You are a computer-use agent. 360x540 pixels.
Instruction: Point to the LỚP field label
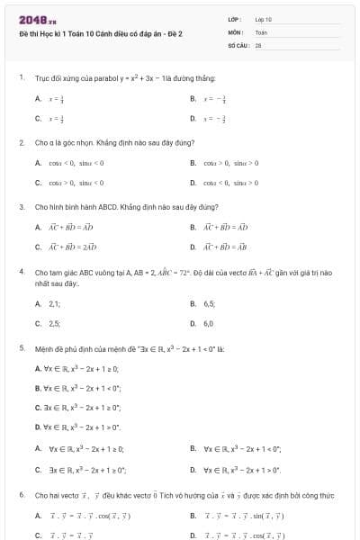[235, 19]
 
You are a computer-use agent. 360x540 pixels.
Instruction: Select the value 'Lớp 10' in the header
[263, 19]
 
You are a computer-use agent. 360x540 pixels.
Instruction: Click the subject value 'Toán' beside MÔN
[261, 31]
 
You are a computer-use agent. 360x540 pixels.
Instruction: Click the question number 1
[21, 78]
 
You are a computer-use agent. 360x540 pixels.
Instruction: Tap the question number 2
[21, 142]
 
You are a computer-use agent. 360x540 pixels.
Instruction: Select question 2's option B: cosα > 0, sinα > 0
[230, 163]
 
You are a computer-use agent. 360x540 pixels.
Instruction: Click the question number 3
[21, 206]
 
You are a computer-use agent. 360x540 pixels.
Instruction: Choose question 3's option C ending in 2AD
[73, 246]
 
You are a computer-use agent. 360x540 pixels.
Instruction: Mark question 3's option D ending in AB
[229, 246]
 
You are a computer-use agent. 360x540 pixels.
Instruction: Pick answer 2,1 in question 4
[54, 304]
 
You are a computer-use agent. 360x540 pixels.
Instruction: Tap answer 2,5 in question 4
[54, 323]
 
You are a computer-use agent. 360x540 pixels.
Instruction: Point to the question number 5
[21, 346]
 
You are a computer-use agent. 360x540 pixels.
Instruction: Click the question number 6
[21, 495]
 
